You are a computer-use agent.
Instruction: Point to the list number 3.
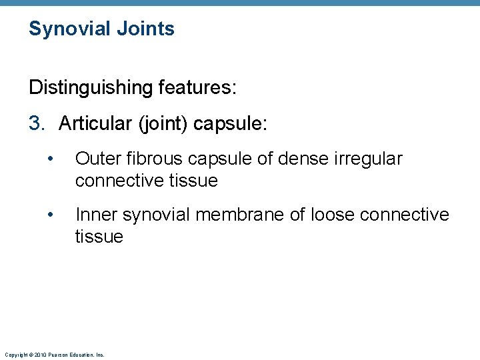37,123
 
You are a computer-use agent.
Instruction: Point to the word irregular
371,159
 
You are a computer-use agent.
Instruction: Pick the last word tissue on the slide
99,237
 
